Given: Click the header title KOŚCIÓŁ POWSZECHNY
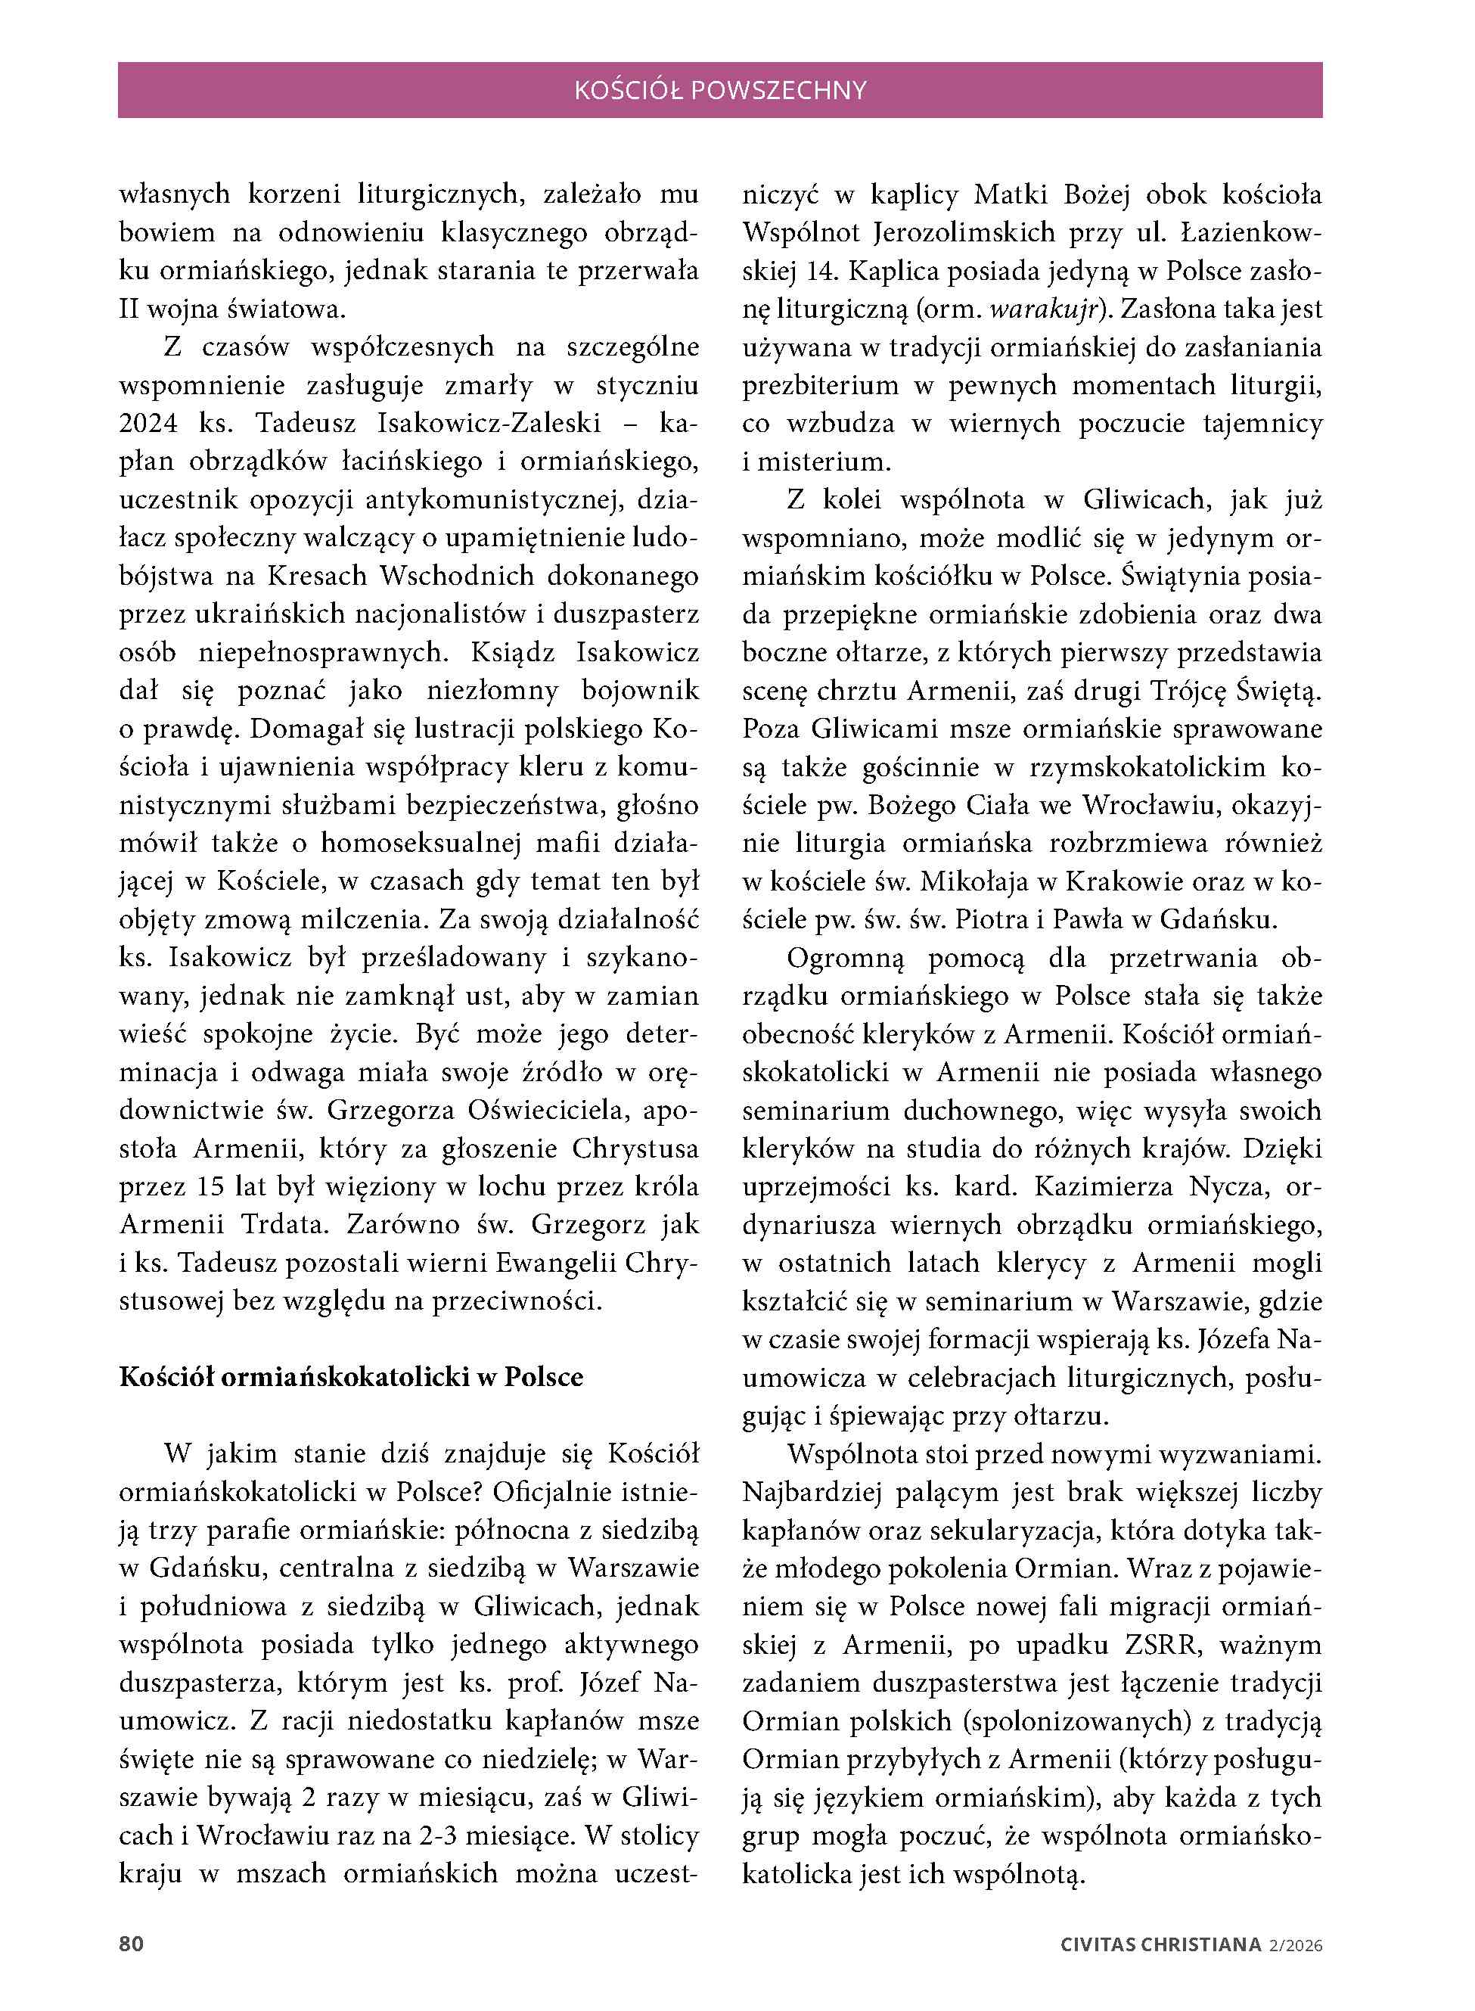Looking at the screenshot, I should point(719,90).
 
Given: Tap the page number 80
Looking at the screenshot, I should point(132,1944).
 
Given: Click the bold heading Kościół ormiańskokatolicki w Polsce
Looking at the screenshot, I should point(351,1377).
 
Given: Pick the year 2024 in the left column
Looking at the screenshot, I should point(148,423).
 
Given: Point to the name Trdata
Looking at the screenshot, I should point(274,1224).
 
